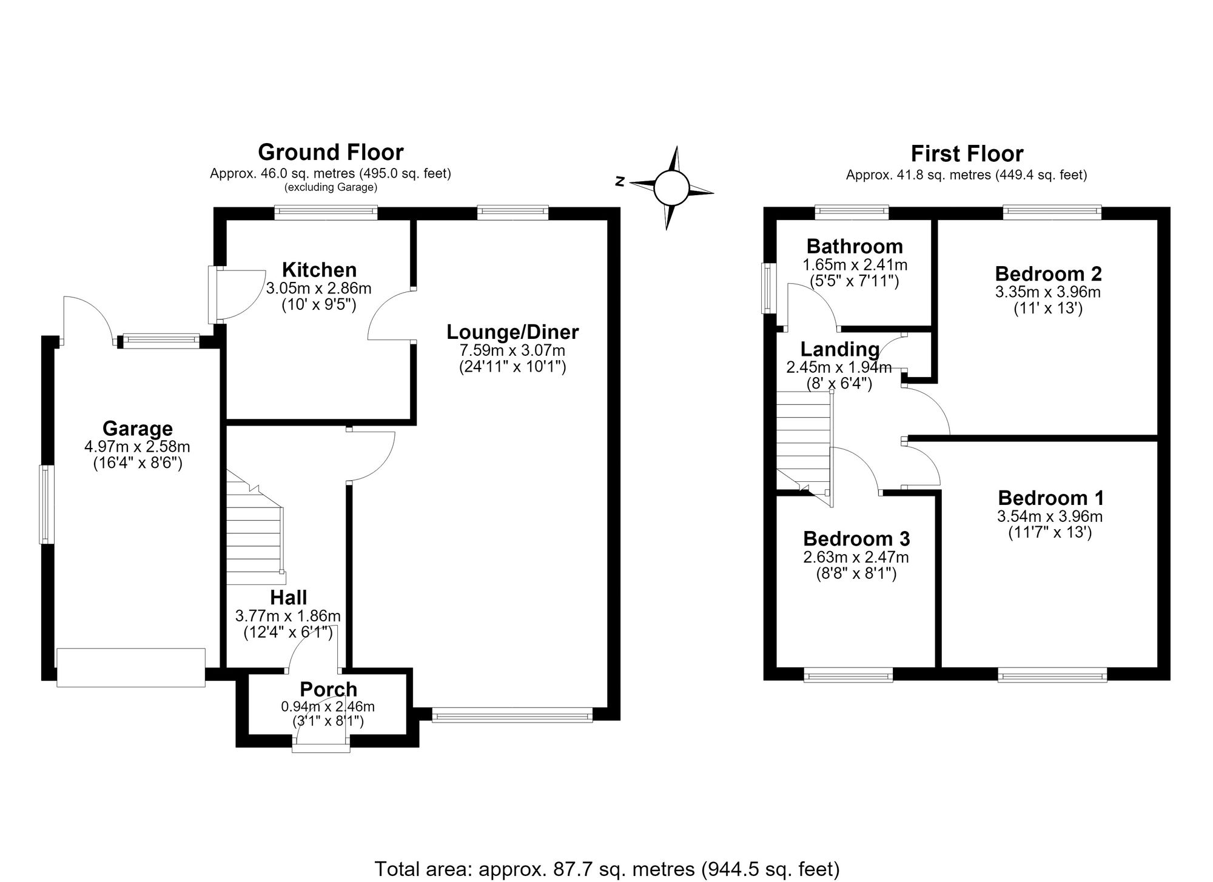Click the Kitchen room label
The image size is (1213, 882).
(319, 270)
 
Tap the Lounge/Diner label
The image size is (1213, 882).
(512, 332)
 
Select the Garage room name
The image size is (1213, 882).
(138, 429)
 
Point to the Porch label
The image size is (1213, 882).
(329, 689)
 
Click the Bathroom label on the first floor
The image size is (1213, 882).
(855, 246)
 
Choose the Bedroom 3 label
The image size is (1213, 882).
(856, 538)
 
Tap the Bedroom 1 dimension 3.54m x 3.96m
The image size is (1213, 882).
(1050, 516)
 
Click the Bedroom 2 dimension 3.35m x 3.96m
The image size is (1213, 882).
(1048, 292)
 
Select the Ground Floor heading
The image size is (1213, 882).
(331, 152)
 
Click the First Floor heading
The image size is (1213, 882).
(967, 153)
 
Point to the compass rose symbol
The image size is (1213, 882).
(671, 187)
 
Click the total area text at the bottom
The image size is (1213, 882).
(607, 869)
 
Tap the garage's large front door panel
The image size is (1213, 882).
(131, 667)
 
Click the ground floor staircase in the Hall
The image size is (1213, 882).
(255, 526)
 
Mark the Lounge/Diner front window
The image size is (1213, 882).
(512, 716)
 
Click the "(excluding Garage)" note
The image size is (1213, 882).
(331, 187)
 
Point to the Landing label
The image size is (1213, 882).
(840, 349)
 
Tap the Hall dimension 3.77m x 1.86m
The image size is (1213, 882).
(288, 616)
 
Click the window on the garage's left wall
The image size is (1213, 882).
(47, 504)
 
